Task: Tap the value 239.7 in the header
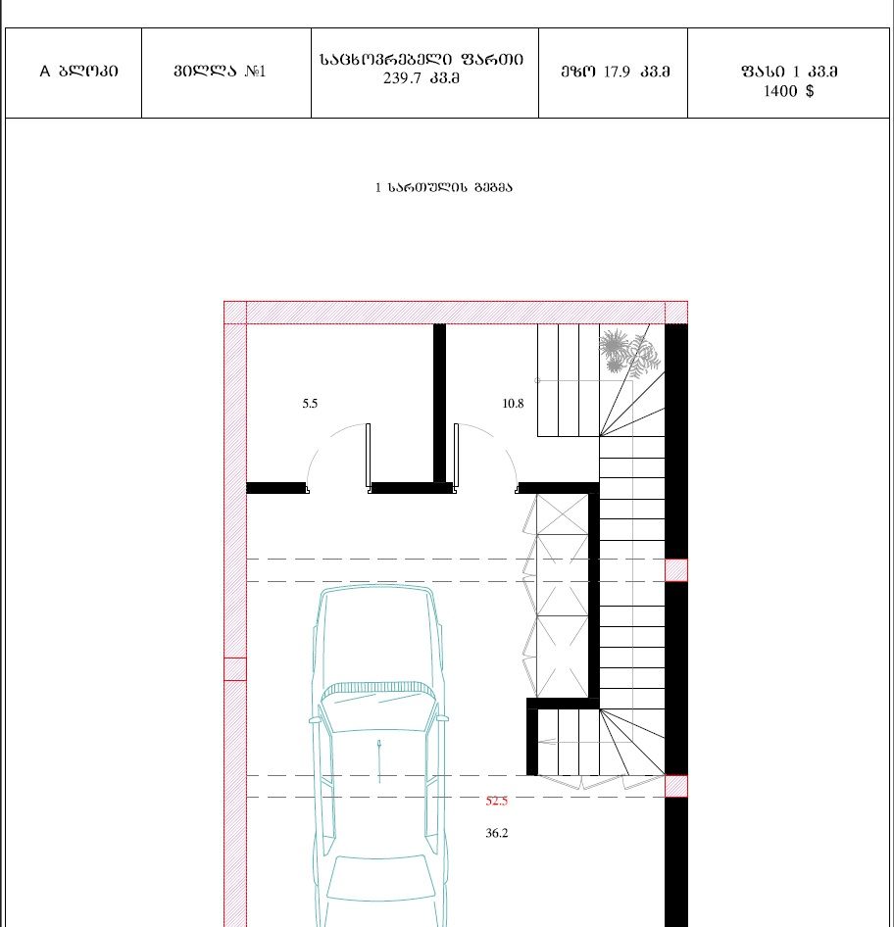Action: [400, 78]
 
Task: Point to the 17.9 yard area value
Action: [617, 72]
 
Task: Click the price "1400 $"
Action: [789, 90]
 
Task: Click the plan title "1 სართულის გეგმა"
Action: [443, 187]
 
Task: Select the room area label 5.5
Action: [310, 403]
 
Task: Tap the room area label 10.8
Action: [513, 403]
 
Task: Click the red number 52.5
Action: [497, 801]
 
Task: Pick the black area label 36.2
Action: [497, 833]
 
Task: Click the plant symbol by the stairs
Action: [629, 354]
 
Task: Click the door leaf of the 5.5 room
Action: [368, 457]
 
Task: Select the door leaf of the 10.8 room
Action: [456, 457]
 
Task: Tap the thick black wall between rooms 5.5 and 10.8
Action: [439, 403]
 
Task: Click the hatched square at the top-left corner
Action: [234, 313]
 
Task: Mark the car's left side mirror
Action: [314, 720]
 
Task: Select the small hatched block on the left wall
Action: [234, 669]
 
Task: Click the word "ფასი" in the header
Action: [763, 72]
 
